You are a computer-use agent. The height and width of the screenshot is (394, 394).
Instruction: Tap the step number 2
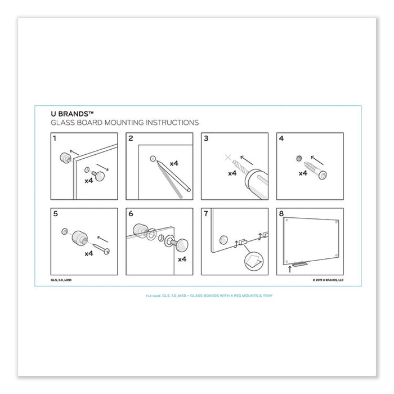point(131,138)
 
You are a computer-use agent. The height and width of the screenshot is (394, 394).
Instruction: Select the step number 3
point(206,138)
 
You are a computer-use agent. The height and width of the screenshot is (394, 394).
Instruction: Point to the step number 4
point(281,138)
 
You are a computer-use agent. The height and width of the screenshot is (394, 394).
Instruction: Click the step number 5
point(55,213)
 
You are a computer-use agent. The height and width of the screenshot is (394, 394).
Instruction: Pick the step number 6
point(131,213)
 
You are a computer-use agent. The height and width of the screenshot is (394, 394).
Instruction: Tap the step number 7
point(206,213)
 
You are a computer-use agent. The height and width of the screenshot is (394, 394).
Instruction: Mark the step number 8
point(281,213)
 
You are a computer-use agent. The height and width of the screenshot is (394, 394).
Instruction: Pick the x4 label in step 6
point(181,259)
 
